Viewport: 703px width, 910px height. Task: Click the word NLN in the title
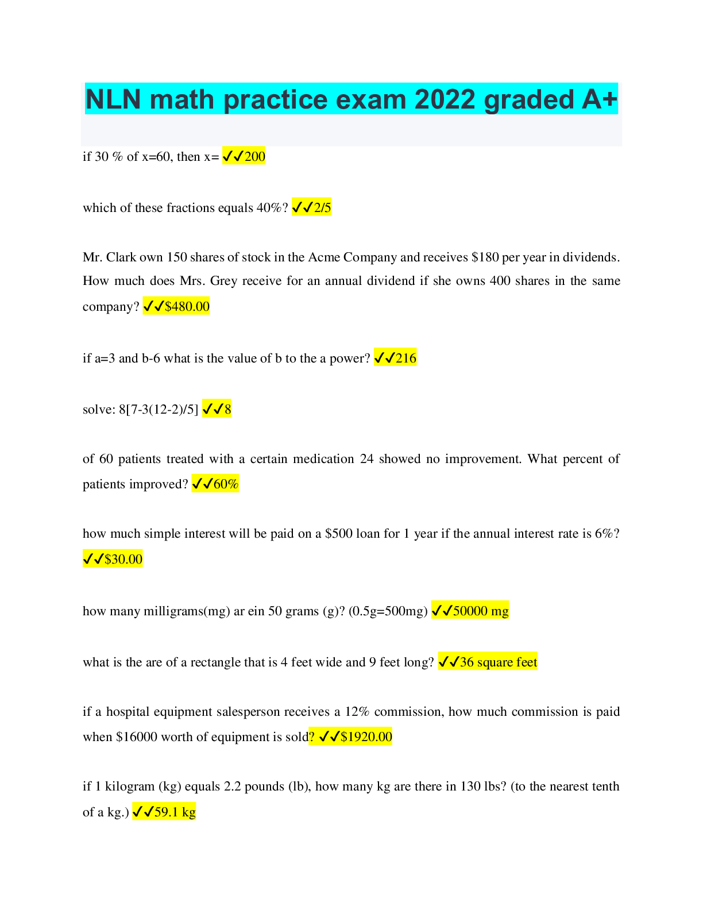(113, 99)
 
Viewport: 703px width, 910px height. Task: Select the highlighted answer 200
(254, 156)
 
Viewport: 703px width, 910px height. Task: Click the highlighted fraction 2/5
(322, 207)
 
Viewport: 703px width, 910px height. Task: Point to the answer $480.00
(187, 306)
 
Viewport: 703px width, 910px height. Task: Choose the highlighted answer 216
(405, 358)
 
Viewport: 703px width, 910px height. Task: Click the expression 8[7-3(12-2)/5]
(159, 410)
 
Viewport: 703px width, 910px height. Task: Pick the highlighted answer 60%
(226, 484)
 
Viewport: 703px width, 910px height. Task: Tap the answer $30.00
(123, 559)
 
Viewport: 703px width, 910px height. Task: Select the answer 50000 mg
(481, 611)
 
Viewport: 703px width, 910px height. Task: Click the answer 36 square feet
(498, 662)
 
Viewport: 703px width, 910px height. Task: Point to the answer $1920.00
(366, 737)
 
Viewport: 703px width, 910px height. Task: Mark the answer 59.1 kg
(175, 812)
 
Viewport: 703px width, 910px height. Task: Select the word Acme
(324, 257)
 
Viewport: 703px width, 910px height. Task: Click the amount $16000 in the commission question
(136, 737)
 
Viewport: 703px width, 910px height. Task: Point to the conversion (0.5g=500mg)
(388, 611)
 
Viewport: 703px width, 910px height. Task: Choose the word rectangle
(215, 662)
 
